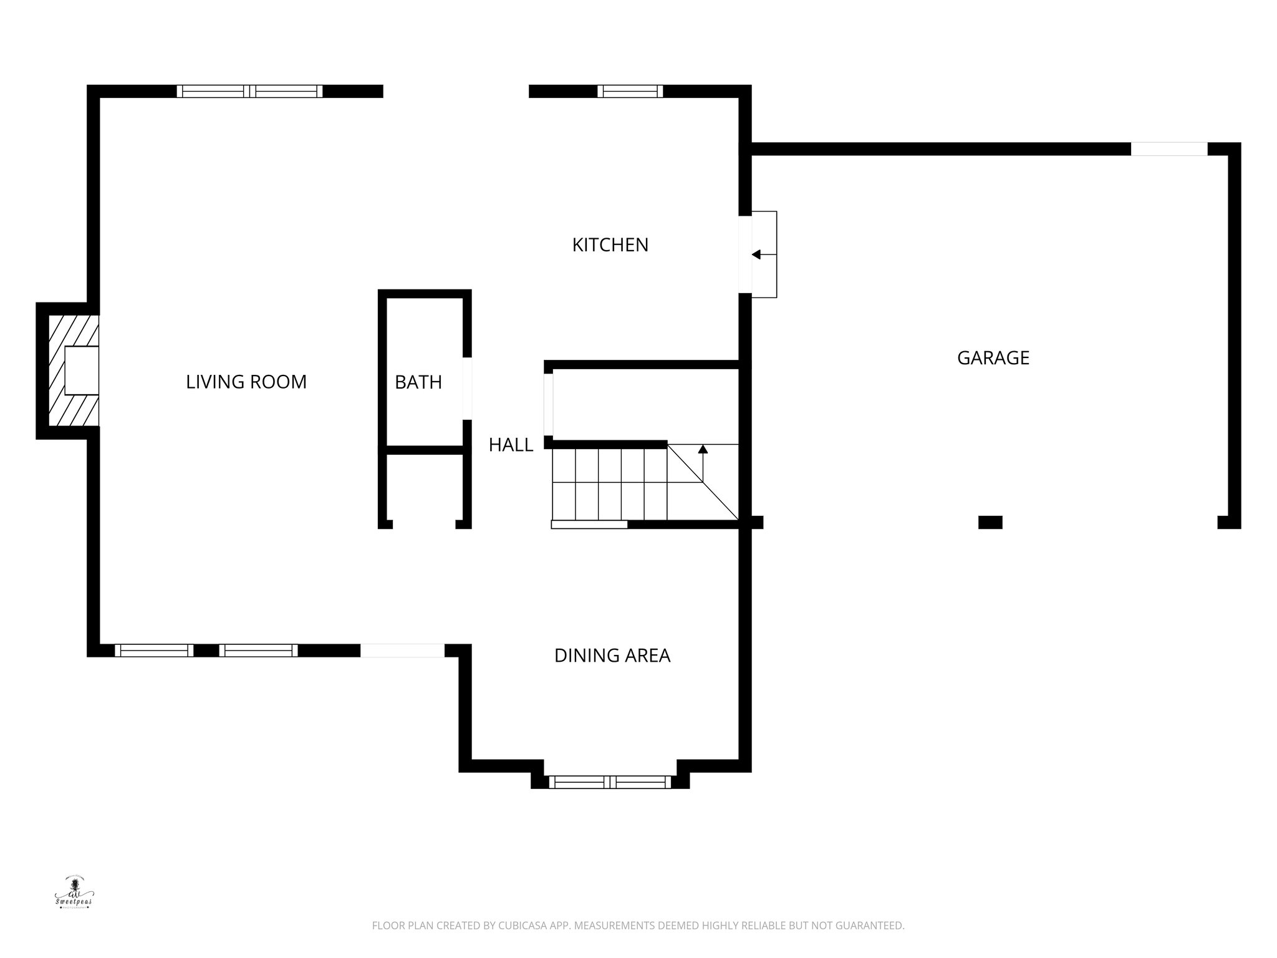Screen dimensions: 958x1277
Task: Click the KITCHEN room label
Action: (x=610, y=245)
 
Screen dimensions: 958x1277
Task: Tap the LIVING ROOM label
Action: (x=246, y=382)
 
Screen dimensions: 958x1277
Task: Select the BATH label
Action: (x=418, y=382)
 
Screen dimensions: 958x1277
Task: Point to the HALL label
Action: (x=511, y=445)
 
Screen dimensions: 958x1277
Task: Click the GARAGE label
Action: (x=993, y=358)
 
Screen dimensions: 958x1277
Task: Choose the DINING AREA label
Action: (x=612, y=656)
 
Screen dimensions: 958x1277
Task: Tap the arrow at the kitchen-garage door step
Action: (x=756, y=254)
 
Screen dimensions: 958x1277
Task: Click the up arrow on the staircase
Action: (x=703, y=449)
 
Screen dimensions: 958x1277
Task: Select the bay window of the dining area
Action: (x=610, y=782)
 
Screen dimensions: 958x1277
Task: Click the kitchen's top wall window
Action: (x=630, y=92)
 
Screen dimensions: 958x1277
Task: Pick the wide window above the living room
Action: (x=249, y=92)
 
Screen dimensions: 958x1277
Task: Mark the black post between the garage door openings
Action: (x=990, y=523)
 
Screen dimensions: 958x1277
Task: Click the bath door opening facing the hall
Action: (x=467, y=388)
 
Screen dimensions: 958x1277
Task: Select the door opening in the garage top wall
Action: (x=1169, y=149)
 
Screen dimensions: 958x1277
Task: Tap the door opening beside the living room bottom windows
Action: (x=402, y=651)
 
